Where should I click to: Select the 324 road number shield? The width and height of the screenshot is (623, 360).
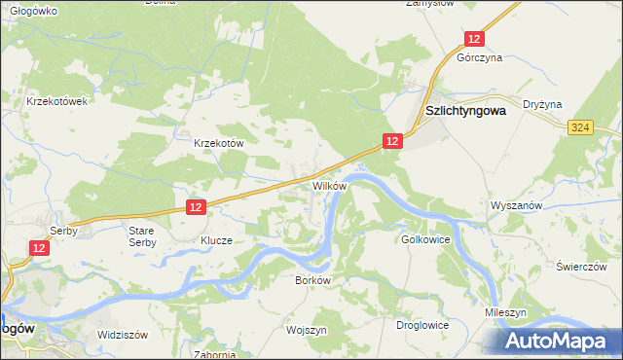tap(581, 127)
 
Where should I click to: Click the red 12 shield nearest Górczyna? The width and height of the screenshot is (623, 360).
tap(473, 38)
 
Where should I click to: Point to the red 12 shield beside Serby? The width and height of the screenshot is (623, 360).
tap(38, 249)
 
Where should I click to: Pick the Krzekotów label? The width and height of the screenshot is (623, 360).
tap(218, 142)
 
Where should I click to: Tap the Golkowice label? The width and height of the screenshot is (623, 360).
tap(424, 238)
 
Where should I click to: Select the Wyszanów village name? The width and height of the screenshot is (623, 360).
tap(516, 206)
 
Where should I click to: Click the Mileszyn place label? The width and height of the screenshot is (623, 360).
tap(506, 313)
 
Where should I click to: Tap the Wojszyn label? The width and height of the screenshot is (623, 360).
tap(306, 330)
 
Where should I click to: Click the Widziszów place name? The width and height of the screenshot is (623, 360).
tap(122, 334)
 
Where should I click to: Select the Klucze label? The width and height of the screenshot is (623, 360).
tap(216, 239)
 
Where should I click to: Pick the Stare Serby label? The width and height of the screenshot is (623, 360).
tap(142, 235)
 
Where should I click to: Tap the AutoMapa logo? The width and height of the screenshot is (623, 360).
tap(559, 341)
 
